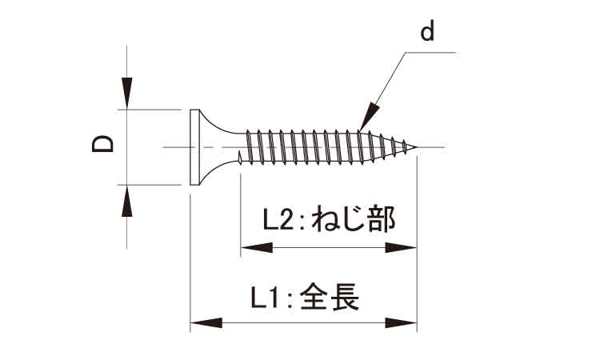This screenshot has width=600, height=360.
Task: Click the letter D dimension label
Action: tap(103, 145)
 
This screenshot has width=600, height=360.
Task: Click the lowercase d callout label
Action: tap(427, 32)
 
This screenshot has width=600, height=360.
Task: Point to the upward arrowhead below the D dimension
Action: tap(126, 202)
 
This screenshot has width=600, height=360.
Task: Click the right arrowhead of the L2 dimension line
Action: tap(402, 248)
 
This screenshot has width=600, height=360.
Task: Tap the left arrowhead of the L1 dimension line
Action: tap(206, 323)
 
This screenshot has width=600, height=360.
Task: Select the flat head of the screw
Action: tap(193, 146)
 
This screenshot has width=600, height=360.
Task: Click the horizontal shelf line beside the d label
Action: tap(431, 54)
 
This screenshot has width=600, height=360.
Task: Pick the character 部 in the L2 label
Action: tap(381, 218)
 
